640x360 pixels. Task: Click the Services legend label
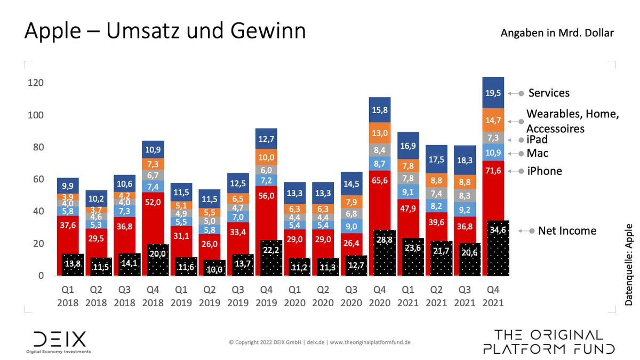coord(549,93)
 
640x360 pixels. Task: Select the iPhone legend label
coord(544,171)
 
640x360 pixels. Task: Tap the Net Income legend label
coord(567,231)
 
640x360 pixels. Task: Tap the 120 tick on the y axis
coord(36,83)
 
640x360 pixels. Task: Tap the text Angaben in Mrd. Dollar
coord(557,33)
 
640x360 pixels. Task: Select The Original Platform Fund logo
coord(549,342)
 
